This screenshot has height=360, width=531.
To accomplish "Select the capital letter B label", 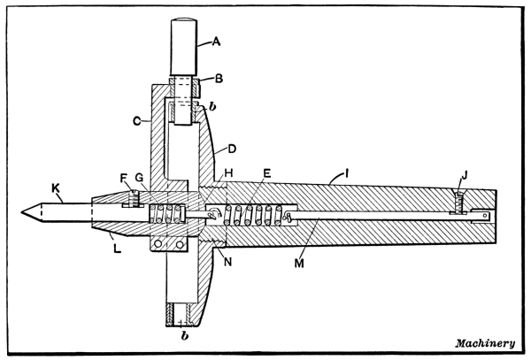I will pos(218,78).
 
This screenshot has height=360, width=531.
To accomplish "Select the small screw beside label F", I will pos(135,200).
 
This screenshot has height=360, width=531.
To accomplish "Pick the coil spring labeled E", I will pos(257,214).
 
